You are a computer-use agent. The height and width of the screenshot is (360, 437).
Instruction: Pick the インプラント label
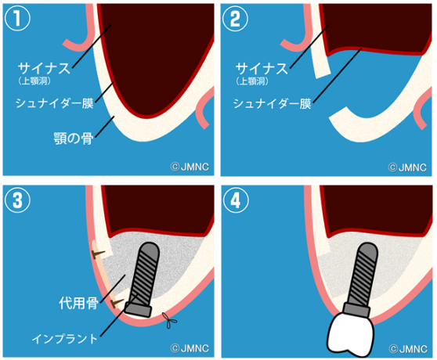point(66,339)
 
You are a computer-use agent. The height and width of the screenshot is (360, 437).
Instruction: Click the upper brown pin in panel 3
point(96,254)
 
